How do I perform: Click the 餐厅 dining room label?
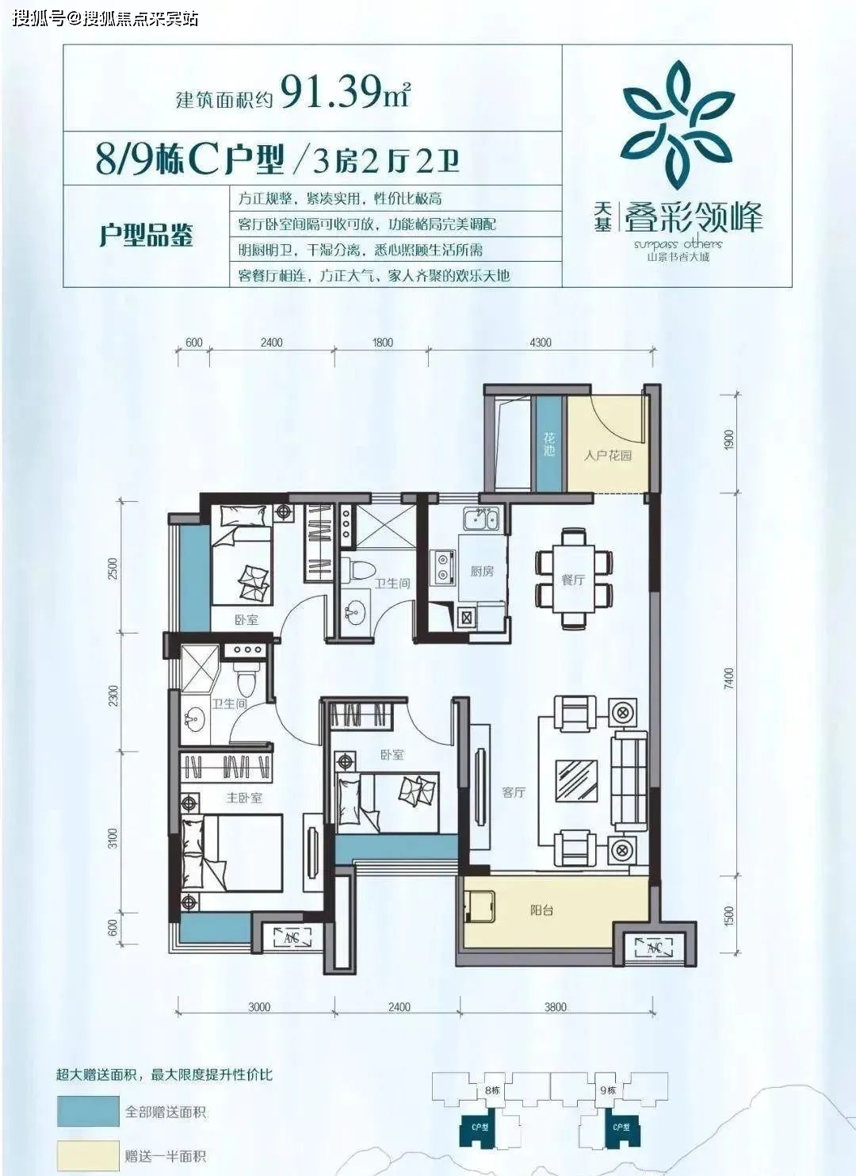(573, 580)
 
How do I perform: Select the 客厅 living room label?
(514, 791)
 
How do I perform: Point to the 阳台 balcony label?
(541, 910)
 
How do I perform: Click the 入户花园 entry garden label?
(608, 455)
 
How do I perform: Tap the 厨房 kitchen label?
(482, 571)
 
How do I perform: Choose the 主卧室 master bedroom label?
(243, 798)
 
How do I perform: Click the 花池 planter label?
(549, 444)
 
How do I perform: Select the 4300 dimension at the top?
(541, 343)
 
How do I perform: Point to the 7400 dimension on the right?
(729, 678)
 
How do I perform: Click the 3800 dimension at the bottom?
(556, 1007)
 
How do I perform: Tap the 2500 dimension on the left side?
(113, 568)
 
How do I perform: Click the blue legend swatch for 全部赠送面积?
(88, 1112)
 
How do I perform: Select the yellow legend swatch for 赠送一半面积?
(88, 1155)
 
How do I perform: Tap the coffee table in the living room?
(576, 780)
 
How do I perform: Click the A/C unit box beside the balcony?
(654, 948)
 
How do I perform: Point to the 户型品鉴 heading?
(147, 236)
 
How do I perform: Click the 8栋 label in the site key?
(492, 1090)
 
